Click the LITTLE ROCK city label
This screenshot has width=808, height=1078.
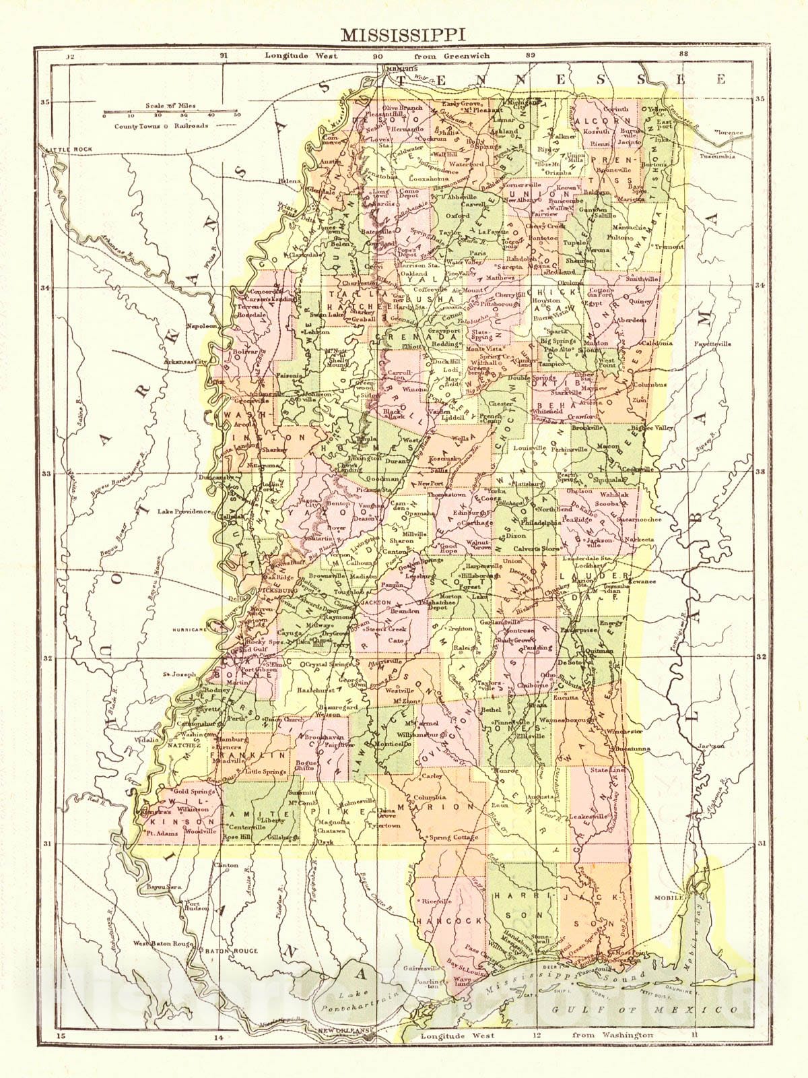pyautogui.click(x=60, y=148)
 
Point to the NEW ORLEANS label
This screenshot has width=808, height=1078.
pyautogui.click(x=345, y=1032)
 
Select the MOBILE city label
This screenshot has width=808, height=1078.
pyautogui.click(x=669, y=898)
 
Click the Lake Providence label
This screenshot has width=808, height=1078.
pyautogui.click(x=184, y=512)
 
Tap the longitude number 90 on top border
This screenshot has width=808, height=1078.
pyautogui.click(x=378, y=57)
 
